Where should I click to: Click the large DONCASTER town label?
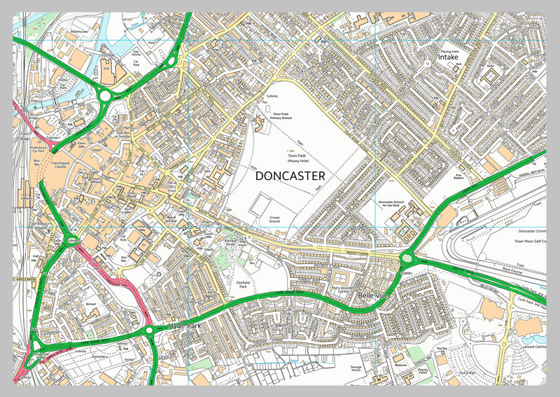[x=290, y=176]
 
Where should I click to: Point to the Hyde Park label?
[x=184, y=326]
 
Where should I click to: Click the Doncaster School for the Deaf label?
[x=396, y=204]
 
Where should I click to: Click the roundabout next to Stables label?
[x=407, y=259]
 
